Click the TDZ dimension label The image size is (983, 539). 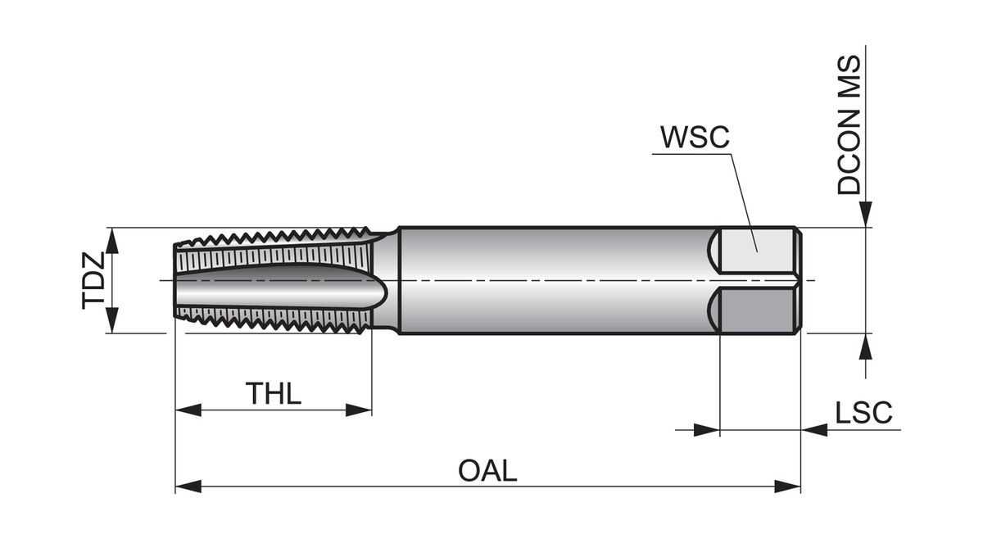[x=93, y=280]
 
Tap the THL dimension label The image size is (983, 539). [x=274, y=393]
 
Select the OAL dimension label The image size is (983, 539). [x=487, y=471]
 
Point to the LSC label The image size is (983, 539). [x=863, y=413]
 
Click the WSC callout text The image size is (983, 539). [x=694, y=137]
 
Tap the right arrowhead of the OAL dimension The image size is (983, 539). [x=788, y=487]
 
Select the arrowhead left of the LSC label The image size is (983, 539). [x=706, y=429]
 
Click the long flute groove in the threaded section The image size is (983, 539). [x=279, y=283]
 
